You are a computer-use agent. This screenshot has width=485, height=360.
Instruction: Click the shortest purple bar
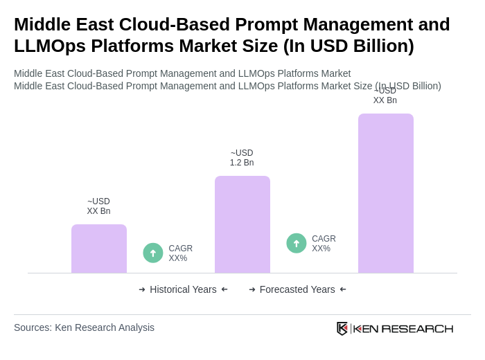[x=99, y=249]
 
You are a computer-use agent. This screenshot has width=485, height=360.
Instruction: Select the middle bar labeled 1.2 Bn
[x=242, y=224]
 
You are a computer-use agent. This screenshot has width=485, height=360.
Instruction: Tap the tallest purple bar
[x=385, y=193]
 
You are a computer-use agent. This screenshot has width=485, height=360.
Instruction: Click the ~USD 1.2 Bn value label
[x=242, y=158]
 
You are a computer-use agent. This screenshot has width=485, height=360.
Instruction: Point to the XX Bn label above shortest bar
[x=98, y=206]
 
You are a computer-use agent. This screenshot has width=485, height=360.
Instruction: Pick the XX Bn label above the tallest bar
[x=385, y=96]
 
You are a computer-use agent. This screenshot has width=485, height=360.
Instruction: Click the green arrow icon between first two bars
[x=153, y=253]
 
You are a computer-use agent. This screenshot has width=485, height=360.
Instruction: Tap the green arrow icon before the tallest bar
[x=297, y=243]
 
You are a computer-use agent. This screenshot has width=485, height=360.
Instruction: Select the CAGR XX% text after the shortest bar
[x=180, y=253]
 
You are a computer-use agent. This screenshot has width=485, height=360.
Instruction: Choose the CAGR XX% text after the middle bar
[x=324, y=244]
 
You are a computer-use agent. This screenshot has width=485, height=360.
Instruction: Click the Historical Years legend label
[x=183, y=289]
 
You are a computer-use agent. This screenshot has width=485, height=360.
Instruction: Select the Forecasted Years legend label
[x=297, y=289]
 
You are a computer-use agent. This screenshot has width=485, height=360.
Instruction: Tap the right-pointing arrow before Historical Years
[x=142, y=289]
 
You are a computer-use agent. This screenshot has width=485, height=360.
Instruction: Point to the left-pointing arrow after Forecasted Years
[x=343, y=289]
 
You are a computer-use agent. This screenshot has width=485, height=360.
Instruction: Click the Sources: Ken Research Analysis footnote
[x=84, y=327]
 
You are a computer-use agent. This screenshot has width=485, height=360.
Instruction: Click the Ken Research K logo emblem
[x=342, y=328]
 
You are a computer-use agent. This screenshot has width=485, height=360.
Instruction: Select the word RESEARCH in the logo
[x=417, y=329]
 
